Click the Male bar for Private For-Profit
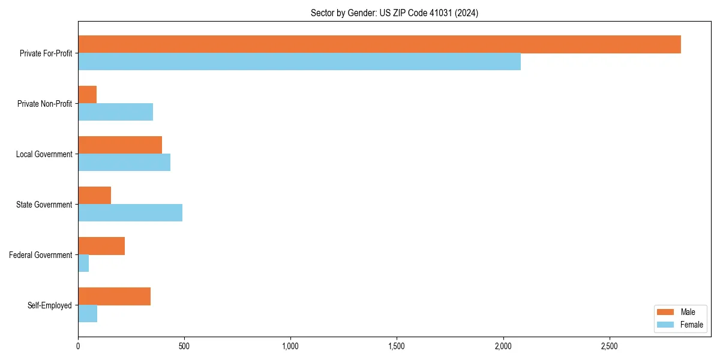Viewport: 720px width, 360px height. click(x=379, y=44)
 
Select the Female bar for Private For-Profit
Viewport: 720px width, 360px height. click(x=299, y=62)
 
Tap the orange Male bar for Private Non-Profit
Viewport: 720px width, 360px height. click(x=88, y=95)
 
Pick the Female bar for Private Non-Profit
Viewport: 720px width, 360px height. click(x=115, y=112)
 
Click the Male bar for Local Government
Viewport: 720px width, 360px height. click(x=120, y=145)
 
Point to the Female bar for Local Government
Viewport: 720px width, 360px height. click(x=124, y=163)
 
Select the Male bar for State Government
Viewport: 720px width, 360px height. click(x=95, y=196)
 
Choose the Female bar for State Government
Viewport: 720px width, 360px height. click(x=130, y=213)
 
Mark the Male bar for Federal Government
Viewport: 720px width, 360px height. click(x=101, y=246)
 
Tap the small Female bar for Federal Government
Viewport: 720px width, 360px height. click(x=83, y=263)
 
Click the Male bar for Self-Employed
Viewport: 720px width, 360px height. click(x=114, y=296)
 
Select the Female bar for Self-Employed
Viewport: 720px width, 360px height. click(x=88, y=314)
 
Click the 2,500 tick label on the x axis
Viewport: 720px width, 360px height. click(x=609, y=346)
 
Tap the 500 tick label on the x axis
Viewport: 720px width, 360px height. click(x=184, y=346)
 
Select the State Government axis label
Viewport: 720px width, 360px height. click(x=44, y=205)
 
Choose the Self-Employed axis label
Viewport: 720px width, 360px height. click(x=49, y=305)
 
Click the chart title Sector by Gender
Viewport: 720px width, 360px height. click(x=394, y=13)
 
